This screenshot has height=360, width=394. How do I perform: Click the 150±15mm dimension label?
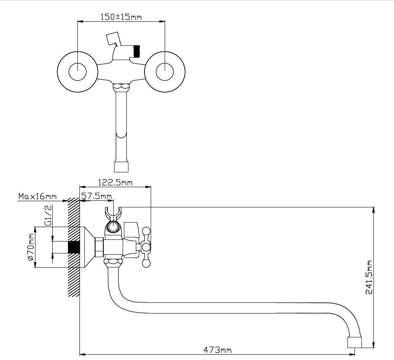click(x=121, y=17)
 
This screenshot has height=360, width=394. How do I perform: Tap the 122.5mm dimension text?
click(x=115, y=183)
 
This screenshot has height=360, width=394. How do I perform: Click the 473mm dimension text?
click(x=217, y=350)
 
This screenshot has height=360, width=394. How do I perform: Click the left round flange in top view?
click(x=77, y=72)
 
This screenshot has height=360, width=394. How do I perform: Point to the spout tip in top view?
click(x=121, y=166)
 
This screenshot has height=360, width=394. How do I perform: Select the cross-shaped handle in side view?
click(x=146, y=247)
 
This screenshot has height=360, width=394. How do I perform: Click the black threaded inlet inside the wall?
click(x=73, y=247)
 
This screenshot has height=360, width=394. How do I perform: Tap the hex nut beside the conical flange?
click(x=99, y=247)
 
